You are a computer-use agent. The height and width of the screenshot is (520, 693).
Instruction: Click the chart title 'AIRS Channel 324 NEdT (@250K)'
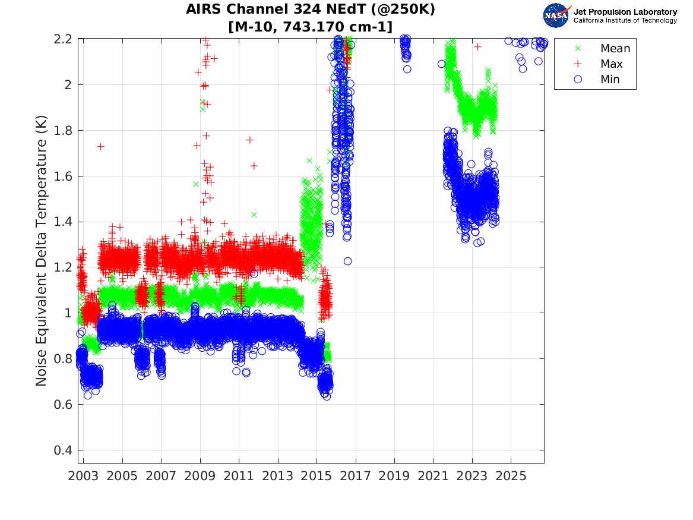tap(310, 10)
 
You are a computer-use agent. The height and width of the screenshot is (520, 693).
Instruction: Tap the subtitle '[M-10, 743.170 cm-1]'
tap(310, 27)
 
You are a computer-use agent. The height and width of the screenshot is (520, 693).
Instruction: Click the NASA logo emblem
tap(556, 15)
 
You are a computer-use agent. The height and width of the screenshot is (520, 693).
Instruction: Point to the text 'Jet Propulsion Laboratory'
tap(625, 12)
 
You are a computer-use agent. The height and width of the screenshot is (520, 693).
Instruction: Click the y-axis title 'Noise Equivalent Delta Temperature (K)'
tap(41, 251)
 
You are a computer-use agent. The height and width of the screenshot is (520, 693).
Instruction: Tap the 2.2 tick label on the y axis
tap(62, 39)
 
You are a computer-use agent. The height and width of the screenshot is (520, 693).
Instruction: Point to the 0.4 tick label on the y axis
tap(62, 450)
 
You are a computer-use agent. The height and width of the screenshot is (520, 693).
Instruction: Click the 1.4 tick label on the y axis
tap(62, 222)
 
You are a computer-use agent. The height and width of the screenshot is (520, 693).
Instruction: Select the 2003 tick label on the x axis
tap(83, 476)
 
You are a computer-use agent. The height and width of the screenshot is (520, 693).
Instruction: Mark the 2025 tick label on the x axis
tap(511, 476)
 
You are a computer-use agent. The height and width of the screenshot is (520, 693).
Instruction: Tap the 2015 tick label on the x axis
tap(317, 476)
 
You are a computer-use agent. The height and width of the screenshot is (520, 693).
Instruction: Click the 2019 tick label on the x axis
tap(394, 476)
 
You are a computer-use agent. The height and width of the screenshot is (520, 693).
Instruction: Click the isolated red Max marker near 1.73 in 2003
tap(101, 146)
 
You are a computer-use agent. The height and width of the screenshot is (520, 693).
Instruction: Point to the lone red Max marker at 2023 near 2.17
tap(477, 46)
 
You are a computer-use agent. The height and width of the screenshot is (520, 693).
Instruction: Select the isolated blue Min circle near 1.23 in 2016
tap(348, 261)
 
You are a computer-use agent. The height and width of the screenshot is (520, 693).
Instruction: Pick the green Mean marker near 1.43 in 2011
tap(254, 215)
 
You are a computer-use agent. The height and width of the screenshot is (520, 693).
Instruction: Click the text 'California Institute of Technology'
tap(625, 20)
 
